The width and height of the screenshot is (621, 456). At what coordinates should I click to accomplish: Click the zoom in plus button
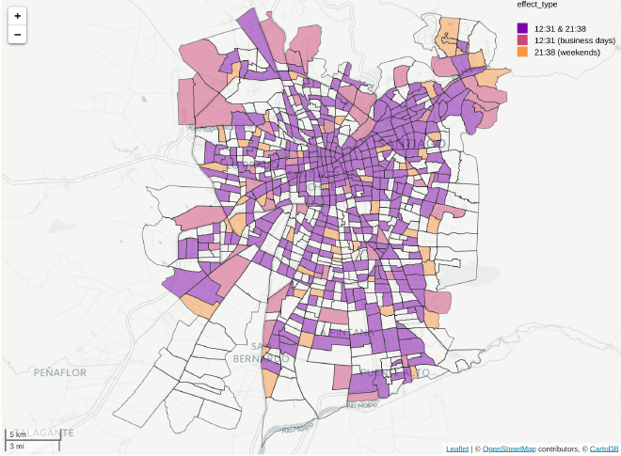coord(18,16)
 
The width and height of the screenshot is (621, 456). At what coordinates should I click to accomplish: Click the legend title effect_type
coord(536,5)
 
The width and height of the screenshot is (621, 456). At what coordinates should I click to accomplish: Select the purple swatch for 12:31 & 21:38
coord(522,29)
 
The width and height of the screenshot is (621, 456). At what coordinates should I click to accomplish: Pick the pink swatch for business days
coord(522,40)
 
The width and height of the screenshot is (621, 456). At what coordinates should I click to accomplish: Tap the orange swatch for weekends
coord(522,52)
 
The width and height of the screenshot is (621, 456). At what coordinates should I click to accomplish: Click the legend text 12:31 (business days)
coord(574,40)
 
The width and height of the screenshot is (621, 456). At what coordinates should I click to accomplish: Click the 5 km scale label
coord(18,434)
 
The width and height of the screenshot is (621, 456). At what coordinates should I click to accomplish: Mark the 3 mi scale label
coord(17,446)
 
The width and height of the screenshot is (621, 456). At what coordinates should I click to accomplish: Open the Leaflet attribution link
coord(457,449)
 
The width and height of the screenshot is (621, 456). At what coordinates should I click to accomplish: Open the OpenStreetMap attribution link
coord(509,449)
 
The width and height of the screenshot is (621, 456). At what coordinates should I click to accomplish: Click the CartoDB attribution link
coord(604,449)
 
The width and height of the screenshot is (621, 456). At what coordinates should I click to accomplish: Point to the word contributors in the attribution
coord(558,449)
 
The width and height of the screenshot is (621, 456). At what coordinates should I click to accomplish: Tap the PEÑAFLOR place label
coord(59,372)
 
